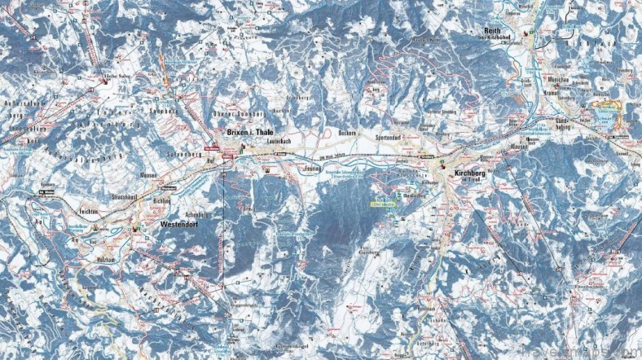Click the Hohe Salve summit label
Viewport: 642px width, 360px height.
119,77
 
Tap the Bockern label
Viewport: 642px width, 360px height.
345,132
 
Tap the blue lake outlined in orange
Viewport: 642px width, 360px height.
607,114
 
